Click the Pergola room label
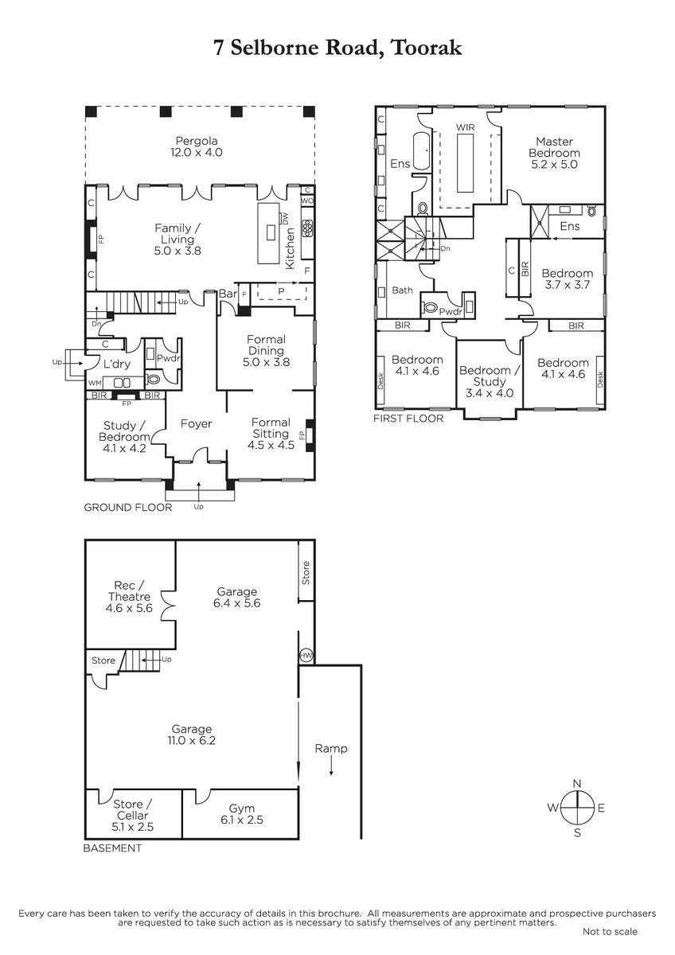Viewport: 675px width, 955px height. pos(197,141)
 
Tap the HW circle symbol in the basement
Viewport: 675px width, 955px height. pos(306,655)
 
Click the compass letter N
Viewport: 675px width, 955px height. pos(577,783)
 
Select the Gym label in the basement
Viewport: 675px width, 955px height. pos(242,809)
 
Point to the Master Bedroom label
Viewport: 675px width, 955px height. pos(554,147)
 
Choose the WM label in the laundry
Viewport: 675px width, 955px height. pos(95,383)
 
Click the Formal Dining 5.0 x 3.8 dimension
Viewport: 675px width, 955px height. pos(266,362)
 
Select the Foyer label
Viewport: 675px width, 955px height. pos(196,423)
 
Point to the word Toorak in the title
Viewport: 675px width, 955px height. pos(427,47)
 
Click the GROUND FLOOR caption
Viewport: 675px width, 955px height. pos(128,508)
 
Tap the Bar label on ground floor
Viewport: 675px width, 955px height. pos(228,294)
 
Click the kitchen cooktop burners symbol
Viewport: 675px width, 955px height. pos(307,228)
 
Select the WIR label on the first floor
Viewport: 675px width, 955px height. pos(465,127)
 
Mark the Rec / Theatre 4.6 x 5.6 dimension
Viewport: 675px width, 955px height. pos(129,608)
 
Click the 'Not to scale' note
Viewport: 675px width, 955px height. pos(610,944)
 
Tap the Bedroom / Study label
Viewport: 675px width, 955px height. pos(490,376)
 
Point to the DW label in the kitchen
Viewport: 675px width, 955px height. pos(285,219)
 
